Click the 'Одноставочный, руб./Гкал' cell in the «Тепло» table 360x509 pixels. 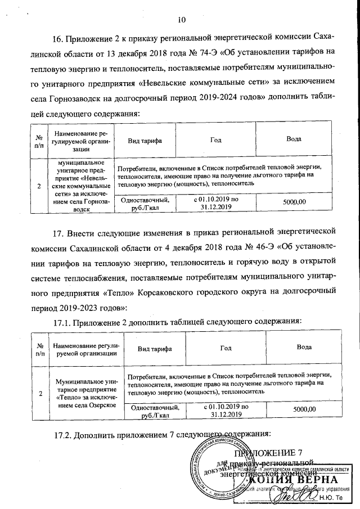pos(154,411)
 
